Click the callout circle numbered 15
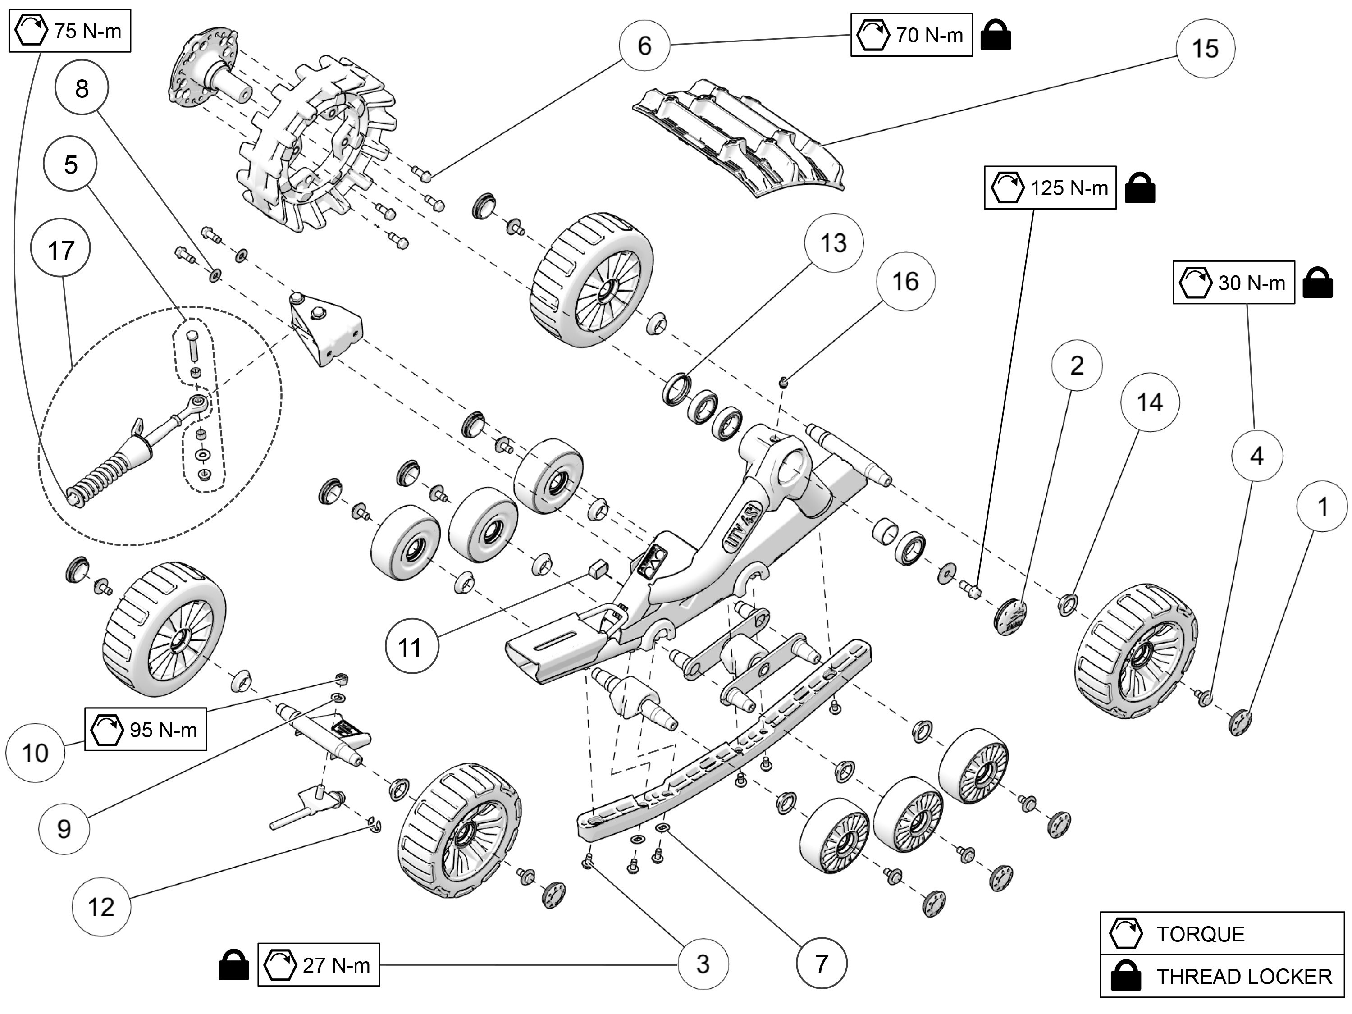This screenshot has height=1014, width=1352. pos(1205,48)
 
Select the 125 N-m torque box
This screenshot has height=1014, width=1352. pos(1050,187)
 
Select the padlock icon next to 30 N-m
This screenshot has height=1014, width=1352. pos(1317,283)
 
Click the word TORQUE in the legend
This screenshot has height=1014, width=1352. pos(1200,934)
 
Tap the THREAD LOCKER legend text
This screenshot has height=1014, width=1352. pos(1243,976)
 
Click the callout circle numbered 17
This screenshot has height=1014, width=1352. pos(60,250)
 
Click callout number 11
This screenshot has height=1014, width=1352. pos(411,647)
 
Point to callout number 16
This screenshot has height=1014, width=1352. pos(905,281)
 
